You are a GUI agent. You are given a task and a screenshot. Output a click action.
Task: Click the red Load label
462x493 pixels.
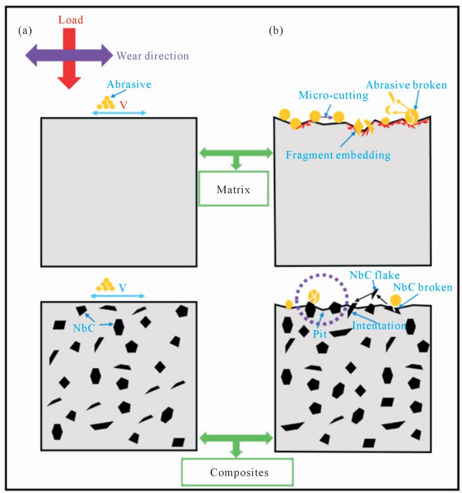click(x=71, y=20)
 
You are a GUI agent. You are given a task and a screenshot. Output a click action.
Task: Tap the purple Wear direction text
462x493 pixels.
click(x=152, y=56)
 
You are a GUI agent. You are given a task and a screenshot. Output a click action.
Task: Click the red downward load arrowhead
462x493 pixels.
click(x=69, y=83)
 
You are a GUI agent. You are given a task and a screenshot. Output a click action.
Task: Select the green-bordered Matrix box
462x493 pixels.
click(x=233, y=189)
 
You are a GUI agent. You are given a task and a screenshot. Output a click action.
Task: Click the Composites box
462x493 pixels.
click(x=237, y=472)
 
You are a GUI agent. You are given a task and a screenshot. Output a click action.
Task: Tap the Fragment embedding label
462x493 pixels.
click(x=339, y=155)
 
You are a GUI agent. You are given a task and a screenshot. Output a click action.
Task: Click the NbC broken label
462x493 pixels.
click(x=423, y=288)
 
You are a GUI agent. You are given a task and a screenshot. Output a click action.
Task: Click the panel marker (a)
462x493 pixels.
click(x=25, y=31)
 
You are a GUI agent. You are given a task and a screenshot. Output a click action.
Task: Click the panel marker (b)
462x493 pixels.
click(x=276, y=31)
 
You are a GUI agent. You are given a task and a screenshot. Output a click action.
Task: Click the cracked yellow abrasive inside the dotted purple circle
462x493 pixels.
click(x=313, y=296)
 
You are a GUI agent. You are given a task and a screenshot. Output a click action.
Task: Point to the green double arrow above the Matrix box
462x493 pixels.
click(x=236, y=153)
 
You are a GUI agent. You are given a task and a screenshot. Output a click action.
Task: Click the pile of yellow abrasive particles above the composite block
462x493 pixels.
click(x=105, y=285)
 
